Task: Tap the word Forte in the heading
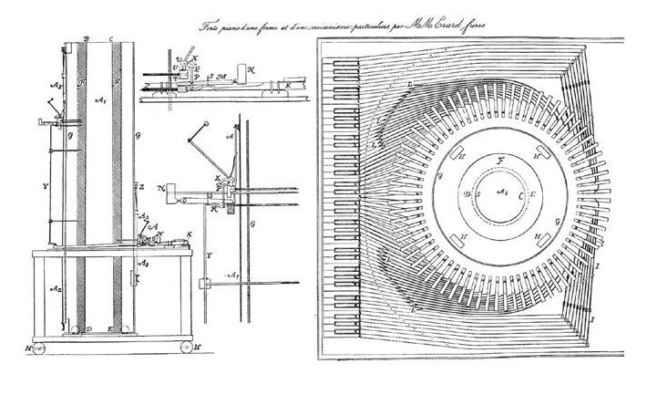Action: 212,28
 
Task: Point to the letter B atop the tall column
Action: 85,38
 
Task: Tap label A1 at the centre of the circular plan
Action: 499,193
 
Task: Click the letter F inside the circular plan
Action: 499,162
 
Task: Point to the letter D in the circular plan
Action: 467,194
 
